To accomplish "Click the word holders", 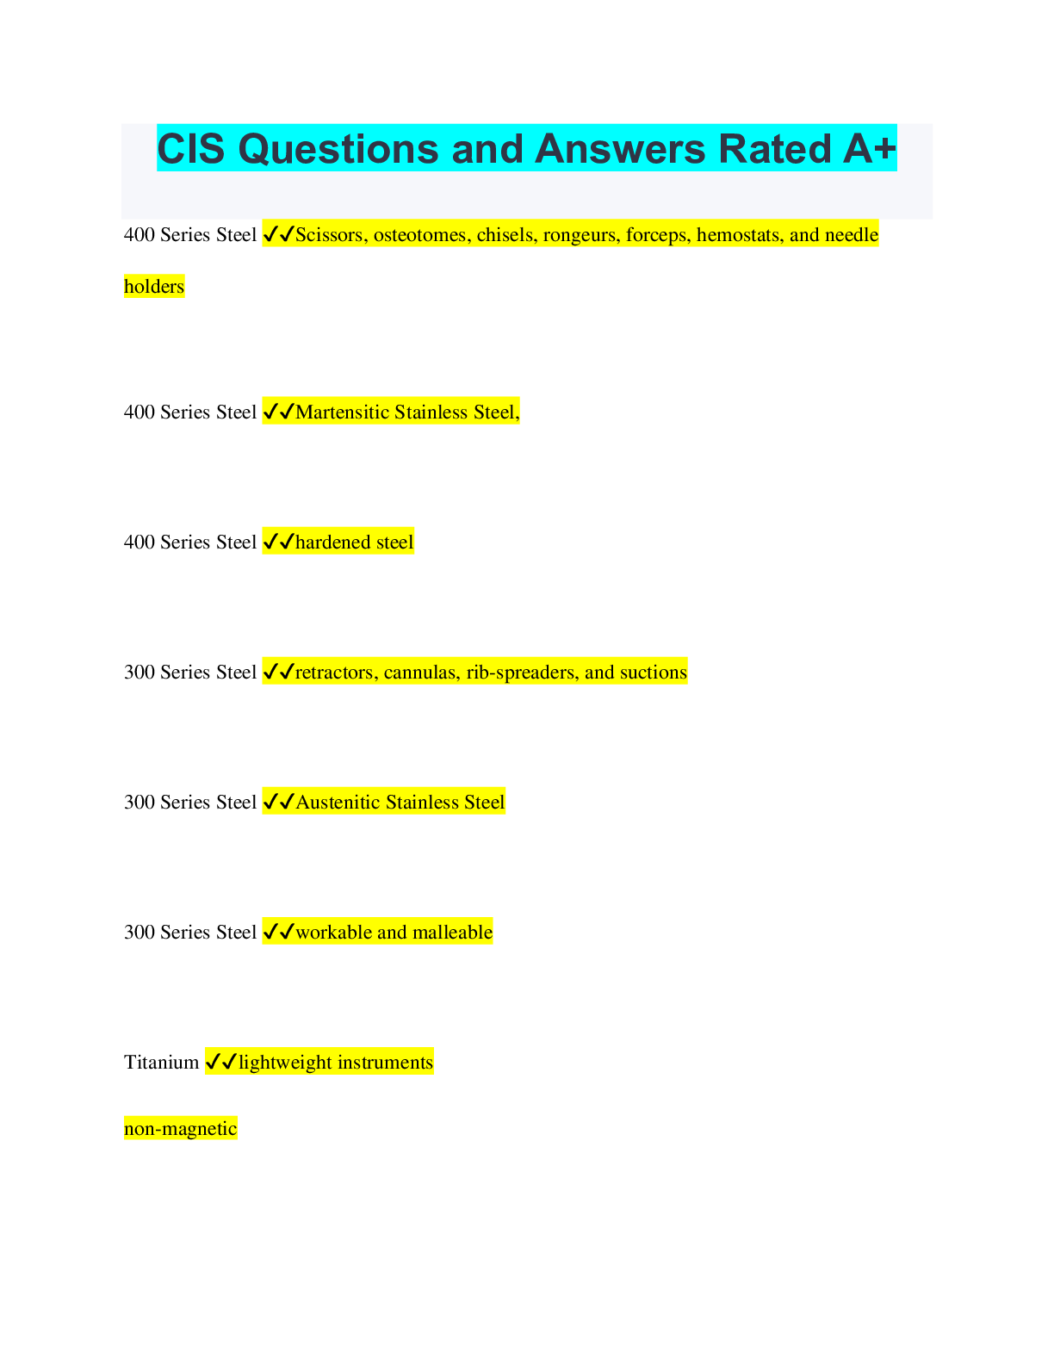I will (154, 287).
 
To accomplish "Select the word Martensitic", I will (342, 412).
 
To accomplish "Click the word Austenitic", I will (338, 803).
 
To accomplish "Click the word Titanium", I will (161, 1063).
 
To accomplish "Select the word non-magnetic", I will (180, 1129).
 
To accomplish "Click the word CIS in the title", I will (191, 149).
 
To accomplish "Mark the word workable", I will (333, 933).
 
